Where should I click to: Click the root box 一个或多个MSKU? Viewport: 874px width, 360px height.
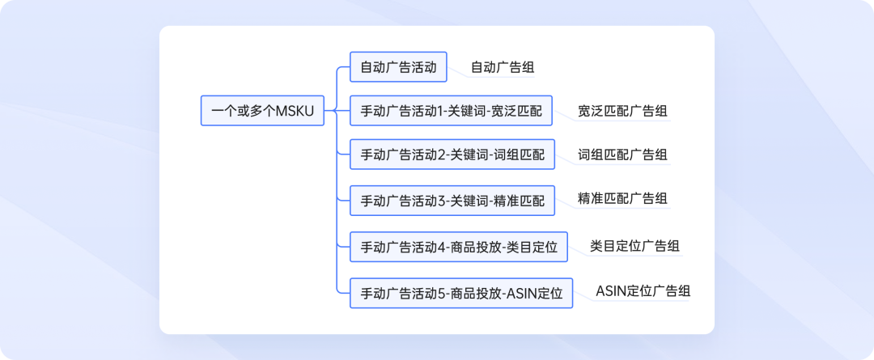262,111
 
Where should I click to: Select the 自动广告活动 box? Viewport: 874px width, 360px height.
398,67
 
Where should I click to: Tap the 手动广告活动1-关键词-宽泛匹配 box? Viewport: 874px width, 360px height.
451,111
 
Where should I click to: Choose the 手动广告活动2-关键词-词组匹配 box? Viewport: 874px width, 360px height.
452,155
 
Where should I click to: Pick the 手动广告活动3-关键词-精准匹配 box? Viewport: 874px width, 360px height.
452,200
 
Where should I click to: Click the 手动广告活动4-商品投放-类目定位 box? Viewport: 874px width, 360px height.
459,247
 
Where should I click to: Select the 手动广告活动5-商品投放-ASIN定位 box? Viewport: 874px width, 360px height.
461,293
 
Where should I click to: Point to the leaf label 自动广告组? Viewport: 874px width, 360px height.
502,67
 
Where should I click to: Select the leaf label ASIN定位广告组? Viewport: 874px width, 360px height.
643,290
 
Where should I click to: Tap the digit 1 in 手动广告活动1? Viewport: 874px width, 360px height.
441,111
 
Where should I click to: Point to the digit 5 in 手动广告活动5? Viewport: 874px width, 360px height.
442,293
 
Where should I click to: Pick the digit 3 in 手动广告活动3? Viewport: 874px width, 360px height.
442,200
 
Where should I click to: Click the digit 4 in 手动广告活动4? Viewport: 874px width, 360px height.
442,247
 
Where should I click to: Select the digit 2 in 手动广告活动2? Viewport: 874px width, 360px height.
442,155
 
